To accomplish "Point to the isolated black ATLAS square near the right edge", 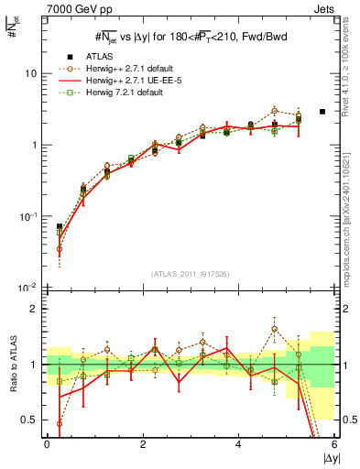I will click(322, 112).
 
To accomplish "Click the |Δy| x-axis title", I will click(327, 458).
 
